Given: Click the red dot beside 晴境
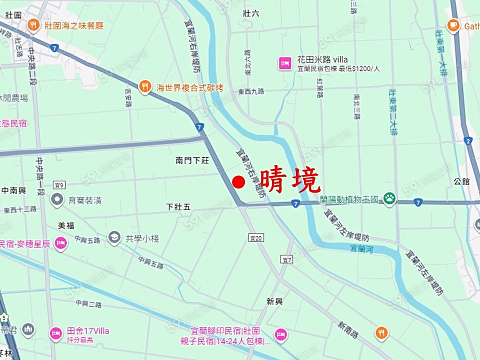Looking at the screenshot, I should tap(238, 182).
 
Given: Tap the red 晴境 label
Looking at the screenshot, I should tap(290, 180).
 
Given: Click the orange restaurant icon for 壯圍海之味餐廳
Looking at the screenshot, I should tap(34, 25).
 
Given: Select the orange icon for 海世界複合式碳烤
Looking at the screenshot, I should tap(145, 86).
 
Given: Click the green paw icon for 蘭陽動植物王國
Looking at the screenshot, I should tap(390, 199).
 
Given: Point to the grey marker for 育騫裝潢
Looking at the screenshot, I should tap(57, 201).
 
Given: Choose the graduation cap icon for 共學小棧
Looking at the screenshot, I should tap(114, 238).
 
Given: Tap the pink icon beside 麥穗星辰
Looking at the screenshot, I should tap(61, 244).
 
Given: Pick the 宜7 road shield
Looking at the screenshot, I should tap(287, 259).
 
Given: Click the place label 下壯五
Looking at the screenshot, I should tap(178, 206).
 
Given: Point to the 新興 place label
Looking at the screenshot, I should tap(275, 302).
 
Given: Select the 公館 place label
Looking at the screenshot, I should tap(462, 181).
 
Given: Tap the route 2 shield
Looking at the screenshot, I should tap(468, 141).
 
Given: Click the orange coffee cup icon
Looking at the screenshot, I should tap(453, 25).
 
